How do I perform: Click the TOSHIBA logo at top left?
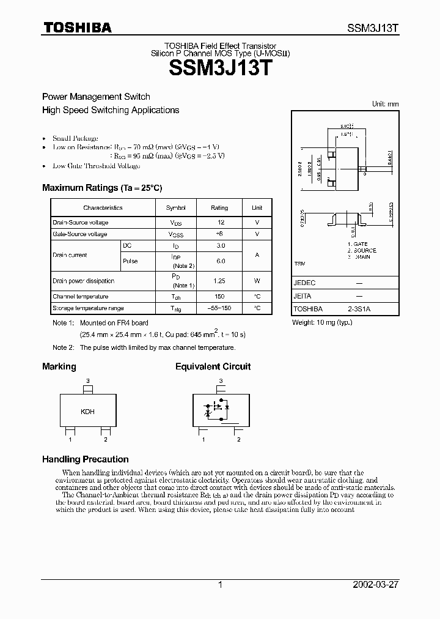click(76, 27)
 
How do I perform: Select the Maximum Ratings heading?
click(101, 188)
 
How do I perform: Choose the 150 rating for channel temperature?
click(219, 297)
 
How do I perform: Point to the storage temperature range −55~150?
click(219, 308)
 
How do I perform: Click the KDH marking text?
click(87, 412)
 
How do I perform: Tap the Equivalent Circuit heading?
click(213, 367)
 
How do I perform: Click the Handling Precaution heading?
click(85, 459)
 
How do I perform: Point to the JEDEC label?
click(304, 283)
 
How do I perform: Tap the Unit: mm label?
click(385, 104)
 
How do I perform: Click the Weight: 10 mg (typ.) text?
click(321, 322)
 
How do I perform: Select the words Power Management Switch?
click(95, 97)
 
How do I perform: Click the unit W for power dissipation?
click(257, 281)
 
